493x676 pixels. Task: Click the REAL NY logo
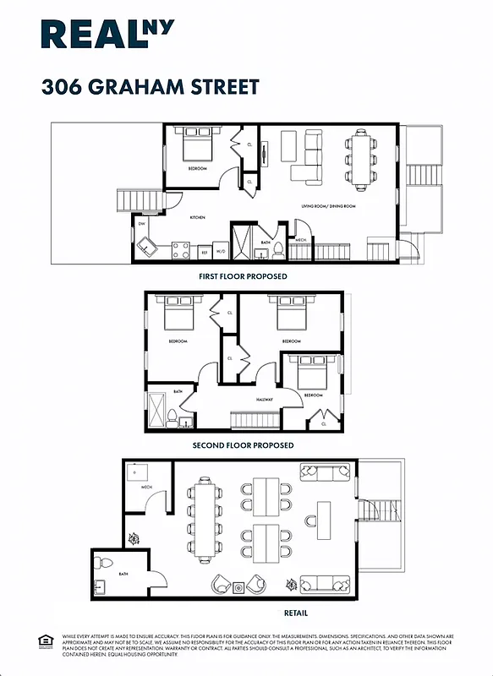pyautogui.click(x=108, y=35)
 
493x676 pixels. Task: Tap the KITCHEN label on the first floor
pyautogui.click(x=197, y=217)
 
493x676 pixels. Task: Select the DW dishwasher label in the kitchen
pyautogui.click(x=142, y=224)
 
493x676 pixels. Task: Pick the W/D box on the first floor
pyautogui.click(x=220, y=251)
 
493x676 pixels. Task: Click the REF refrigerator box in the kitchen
pyautogui.click(x=204, y=251)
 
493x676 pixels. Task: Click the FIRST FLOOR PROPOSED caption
pyautogui.click(x=243, y=276)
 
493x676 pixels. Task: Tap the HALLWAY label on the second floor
pyautogui.click(x=268, y=401)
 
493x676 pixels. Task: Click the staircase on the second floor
pyautogui.click(x=255, y=420)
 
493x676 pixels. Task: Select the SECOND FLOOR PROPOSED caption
pyautogui.click(x=243, y=445)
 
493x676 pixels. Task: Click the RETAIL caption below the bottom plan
pyautogui.click(x=296, y=613)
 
